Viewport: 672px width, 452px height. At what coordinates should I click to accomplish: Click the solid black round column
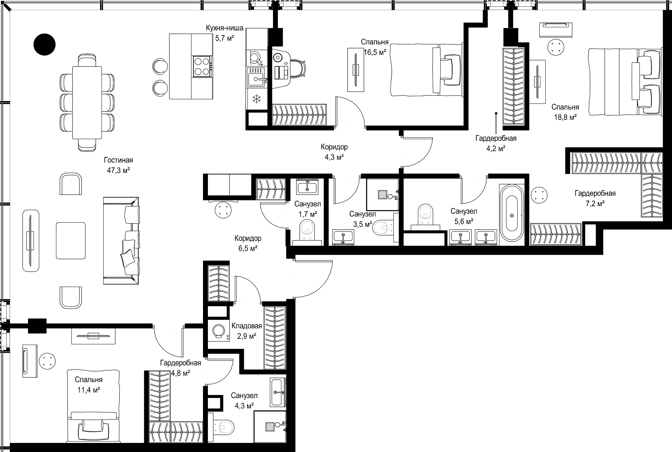coord(44,44)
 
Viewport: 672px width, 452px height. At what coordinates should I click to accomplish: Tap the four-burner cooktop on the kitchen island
coord(202,67)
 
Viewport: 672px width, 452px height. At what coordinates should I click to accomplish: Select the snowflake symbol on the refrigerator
coord(257,99)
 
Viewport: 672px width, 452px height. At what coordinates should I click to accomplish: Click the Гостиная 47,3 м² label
coord(118,165)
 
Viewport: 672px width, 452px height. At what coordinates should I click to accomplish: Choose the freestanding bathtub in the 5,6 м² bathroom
coord(512,213)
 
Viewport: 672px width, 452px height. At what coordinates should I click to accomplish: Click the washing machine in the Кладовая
coord(219,331)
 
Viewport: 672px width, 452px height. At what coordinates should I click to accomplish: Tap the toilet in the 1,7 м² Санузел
coord(307,231)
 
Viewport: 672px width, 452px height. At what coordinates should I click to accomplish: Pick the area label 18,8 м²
coord(565,117)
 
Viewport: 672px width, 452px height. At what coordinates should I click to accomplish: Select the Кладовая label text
coord(247,326)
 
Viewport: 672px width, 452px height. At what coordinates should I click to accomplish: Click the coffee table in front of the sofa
coord(71,241)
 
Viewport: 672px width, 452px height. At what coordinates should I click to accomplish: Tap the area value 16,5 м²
coord(375,52)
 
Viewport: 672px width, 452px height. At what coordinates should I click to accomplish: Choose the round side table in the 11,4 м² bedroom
coord(47,361)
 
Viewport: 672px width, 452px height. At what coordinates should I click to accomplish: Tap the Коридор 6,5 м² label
coord(248,243)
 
